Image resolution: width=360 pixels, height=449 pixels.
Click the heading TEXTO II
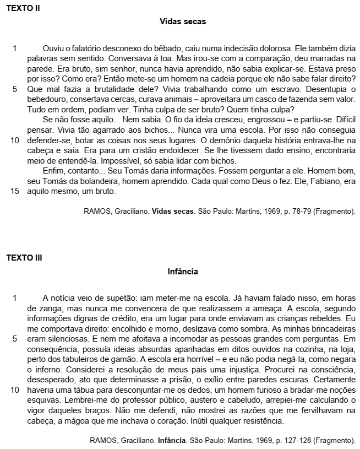(x=23, y=8)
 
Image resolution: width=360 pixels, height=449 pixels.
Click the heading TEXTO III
(x=24, y=258)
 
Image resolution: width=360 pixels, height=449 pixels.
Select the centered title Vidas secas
(x=183, y=21)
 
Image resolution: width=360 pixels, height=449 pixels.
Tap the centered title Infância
(x=183, y=272)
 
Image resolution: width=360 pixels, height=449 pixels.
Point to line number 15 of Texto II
(x=15, y=191)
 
